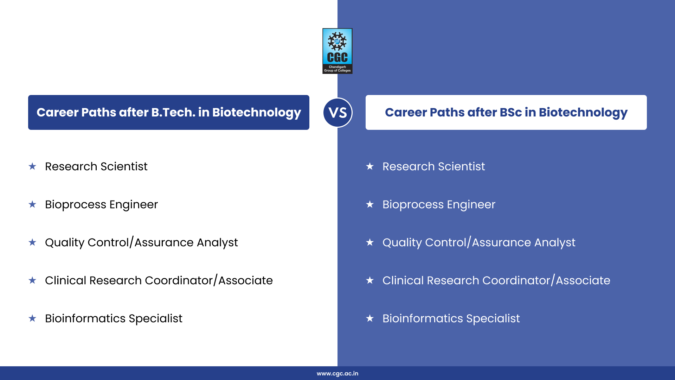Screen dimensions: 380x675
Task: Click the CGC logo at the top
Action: tap(337, 51)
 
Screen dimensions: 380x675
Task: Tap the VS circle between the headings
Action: tap(337, 113)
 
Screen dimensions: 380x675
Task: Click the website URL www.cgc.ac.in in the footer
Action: tap(337, 374)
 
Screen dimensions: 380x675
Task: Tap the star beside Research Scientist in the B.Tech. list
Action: tap(32, 166)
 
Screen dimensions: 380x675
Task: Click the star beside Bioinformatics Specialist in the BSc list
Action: tap(370, 318)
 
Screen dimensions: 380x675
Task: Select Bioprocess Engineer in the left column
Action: tap(101, 204)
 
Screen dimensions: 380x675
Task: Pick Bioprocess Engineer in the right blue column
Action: tap(439, 204)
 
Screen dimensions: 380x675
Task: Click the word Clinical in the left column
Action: tap(65, 280)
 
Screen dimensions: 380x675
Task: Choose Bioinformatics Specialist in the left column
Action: tap(114, 318)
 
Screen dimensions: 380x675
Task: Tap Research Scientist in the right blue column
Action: tap(433, 166)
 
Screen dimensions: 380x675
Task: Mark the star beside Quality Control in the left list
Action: tap(32, 242)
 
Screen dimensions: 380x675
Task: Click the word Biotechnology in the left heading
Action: tap(257, 112)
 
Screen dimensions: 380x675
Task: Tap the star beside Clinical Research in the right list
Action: tap(370, 280)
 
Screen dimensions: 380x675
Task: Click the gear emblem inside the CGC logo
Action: tap(337, 41)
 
